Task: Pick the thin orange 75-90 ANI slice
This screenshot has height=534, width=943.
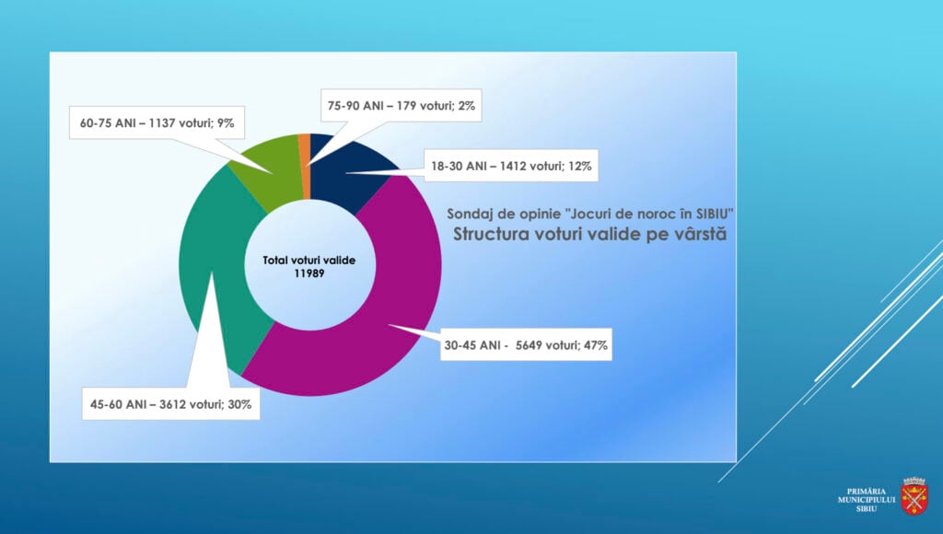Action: [x=304, y=166]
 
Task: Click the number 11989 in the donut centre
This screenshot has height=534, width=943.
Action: [x=309, y=273]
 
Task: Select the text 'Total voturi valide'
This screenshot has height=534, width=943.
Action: [x=309, y=261]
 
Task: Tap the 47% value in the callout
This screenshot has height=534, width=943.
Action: [x=596, y=345]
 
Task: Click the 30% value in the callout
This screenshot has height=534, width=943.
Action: [x=239, y=404]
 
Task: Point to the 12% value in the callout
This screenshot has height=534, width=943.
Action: [x=580, y=166]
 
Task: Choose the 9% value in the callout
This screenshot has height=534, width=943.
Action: [x=226, y=122]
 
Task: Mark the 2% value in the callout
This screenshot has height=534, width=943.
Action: [x=466, y=106]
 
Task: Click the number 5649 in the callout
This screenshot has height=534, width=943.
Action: [x=530, y=345]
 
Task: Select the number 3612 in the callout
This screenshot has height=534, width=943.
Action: [x=172, y=404]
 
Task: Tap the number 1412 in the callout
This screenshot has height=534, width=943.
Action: [x=513, y=166]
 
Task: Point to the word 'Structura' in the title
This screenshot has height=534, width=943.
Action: [x=488, y=234]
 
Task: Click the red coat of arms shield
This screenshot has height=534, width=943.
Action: [x=914, y=497]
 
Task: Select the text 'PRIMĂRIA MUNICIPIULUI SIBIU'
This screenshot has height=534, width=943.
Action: [x=867, y=500]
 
